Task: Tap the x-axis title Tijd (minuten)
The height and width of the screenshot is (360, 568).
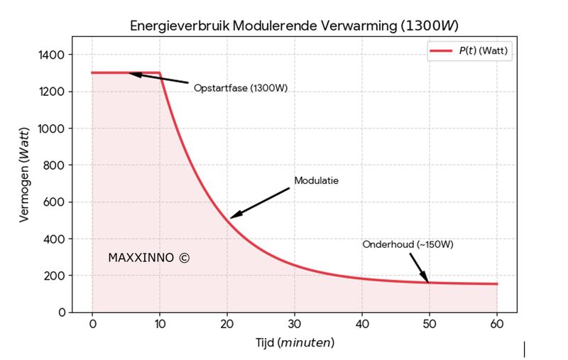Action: [x=295, y=342]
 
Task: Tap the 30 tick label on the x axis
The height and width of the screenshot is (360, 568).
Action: [x=295, y=325]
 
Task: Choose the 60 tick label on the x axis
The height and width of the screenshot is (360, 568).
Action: [x=497, y=325]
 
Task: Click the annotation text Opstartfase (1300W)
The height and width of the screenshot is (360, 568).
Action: [x=241, y=88]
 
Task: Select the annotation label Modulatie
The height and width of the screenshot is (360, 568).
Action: [x=316, y=180]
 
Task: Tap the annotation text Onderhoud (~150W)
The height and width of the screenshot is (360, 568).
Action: [x=408, y=244]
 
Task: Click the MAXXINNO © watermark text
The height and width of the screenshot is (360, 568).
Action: [x=149, y=258]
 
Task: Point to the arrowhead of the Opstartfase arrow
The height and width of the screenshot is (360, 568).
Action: [x=131, y=73]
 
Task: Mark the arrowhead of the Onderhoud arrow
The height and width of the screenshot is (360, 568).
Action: [x=428, y=282]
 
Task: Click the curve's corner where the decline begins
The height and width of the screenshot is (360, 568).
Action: [x=160, y=73]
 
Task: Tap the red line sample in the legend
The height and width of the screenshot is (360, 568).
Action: [x=439, y=52]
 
